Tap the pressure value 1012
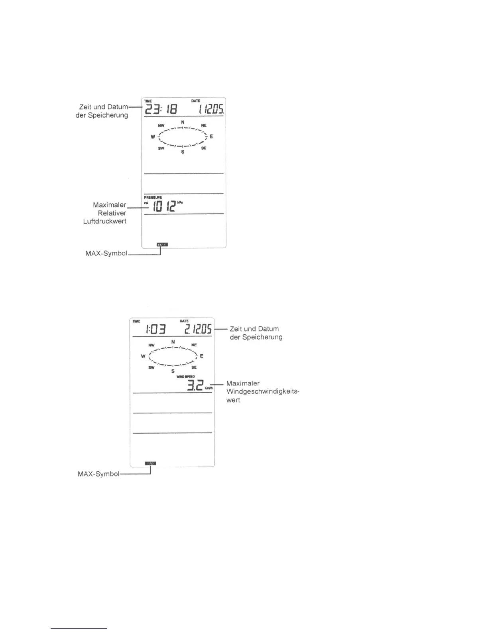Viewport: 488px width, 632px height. coord(165,206)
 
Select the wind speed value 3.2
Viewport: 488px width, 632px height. coord(195,386)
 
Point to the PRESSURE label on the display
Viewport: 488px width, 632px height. coord(153,197)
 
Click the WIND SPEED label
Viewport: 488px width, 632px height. coord(185,377)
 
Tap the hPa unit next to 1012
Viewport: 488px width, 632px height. coord(180,202)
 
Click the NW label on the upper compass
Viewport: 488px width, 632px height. coord(161,126)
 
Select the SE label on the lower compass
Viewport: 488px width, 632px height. coord(194,367)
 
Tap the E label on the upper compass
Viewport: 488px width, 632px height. coord(211,136)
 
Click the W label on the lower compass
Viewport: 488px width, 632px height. coord(143,356)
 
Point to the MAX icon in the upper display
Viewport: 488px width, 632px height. coord(162,244)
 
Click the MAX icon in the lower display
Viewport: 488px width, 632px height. coord(150,463)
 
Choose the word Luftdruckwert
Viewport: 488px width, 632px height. coord(104,221)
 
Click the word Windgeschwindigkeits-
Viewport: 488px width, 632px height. coord(262,391)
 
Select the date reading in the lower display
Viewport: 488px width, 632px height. coord(198,329)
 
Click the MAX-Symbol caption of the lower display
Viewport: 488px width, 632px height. coord(98,474)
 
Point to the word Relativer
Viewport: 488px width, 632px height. coord(112,213)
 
